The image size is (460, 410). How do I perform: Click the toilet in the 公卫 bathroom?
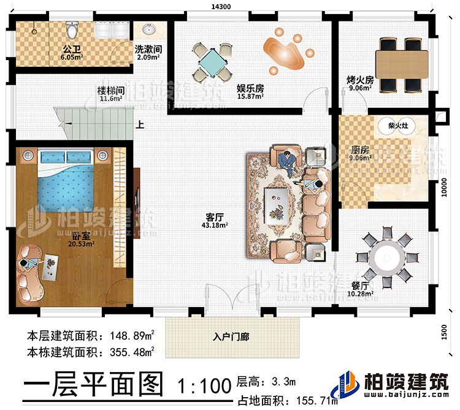tap(73, 30)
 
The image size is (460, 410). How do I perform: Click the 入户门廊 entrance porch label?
tap(231, 336)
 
